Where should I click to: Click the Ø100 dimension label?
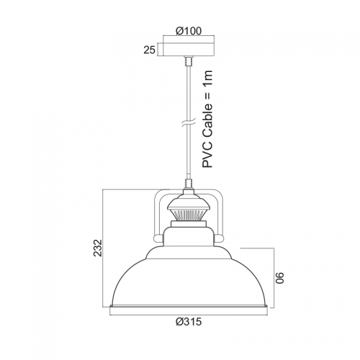(x=189, y=31)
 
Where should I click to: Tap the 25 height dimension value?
(x=150, y=50)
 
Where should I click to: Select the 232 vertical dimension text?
(x=98, y=248)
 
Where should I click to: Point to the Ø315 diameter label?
(x=189, y=322)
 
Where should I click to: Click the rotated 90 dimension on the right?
(x=279, y=278)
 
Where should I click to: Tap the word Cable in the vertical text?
(x=207, y=122)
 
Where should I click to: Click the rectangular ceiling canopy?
(x=189, y=50)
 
